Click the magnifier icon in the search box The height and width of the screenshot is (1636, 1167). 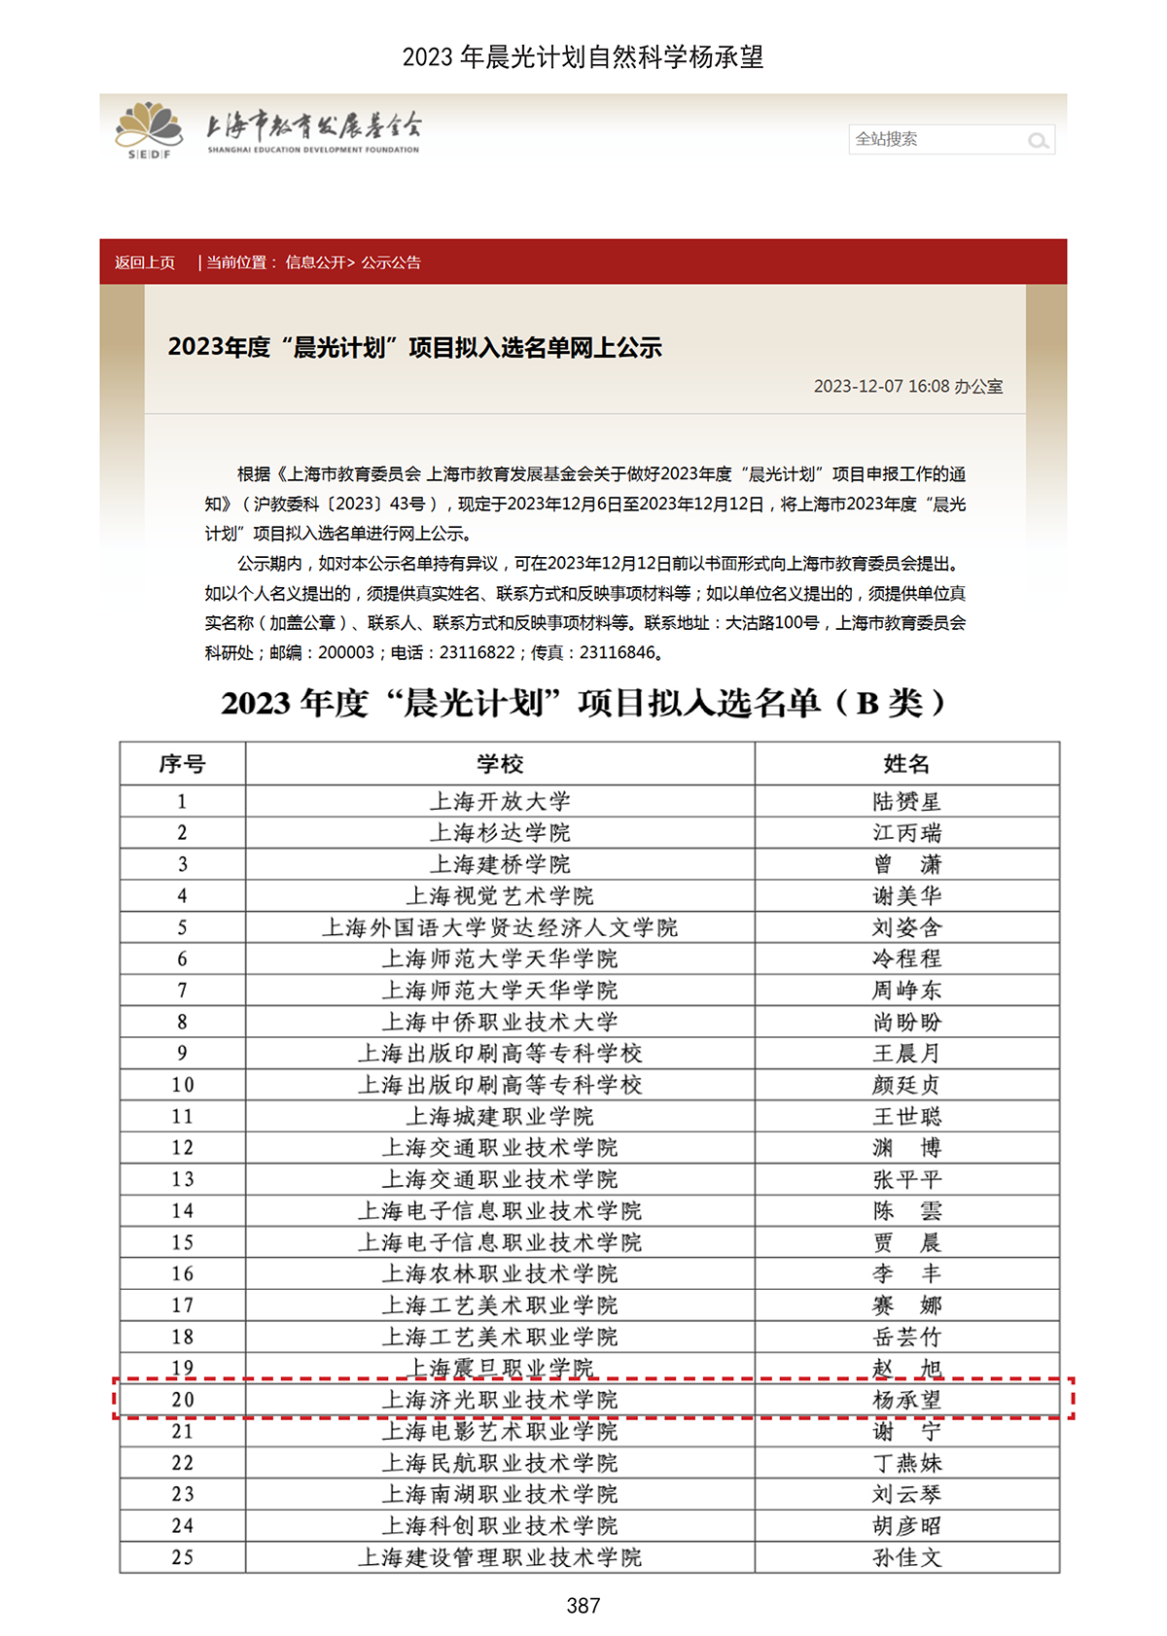point(1038,141)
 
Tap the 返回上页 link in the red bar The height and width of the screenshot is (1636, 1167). point(145,262)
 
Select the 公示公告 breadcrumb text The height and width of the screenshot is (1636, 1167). point(391,262)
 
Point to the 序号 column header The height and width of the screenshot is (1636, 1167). point(182,764)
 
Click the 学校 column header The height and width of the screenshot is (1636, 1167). point(500,764)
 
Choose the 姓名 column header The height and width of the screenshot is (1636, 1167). point(906,764)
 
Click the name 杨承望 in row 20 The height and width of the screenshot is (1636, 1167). point(906,1400)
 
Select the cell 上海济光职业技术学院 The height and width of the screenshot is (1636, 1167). point(500,1400)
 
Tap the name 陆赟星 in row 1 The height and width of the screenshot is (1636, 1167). point(906,802)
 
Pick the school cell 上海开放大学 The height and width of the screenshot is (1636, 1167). point(500,802)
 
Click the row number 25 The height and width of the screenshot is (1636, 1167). point(183,1557)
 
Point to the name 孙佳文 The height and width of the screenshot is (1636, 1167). point(906,1557)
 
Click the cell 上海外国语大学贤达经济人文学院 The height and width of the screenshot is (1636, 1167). point(500,927)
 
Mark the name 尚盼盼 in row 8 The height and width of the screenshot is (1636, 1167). point(906,1022)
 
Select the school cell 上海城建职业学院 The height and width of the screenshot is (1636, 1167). point(500,1116)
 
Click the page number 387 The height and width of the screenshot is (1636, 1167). point(583,1606)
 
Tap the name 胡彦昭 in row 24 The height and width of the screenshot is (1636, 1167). point(906,1526)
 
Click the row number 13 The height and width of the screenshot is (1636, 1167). point(183,1179)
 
